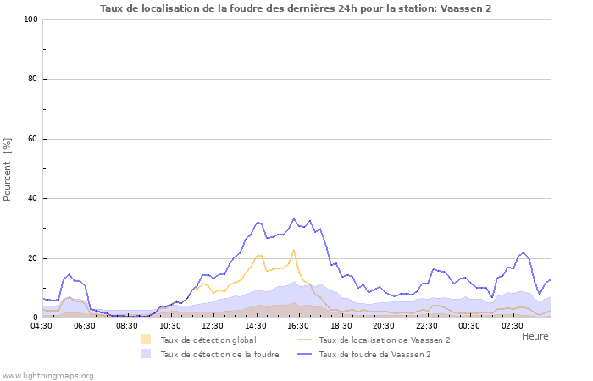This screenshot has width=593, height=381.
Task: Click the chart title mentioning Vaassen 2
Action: [296, 8]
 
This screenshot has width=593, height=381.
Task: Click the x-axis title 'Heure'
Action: [535, 336]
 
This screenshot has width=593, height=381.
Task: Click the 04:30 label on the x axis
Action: [42, 325]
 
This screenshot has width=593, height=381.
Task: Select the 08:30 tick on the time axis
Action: [127, 325]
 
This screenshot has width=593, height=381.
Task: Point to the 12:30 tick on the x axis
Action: [213, 325]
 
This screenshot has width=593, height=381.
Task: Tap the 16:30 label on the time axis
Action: [298, 325]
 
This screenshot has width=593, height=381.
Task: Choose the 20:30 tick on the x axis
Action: [384, 325]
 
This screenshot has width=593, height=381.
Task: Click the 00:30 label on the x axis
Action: [469, 325]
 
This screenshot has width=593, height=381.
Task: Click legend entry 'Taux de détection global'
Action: [208, 340]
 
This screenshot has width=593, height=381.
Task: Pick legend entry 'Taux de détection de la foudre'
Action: [219, 354]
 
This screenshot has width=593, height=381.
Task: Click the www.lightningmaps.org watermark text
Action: [47, 375]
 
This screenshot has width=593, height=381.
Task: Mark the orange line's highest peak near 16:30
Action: [294, 250]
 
